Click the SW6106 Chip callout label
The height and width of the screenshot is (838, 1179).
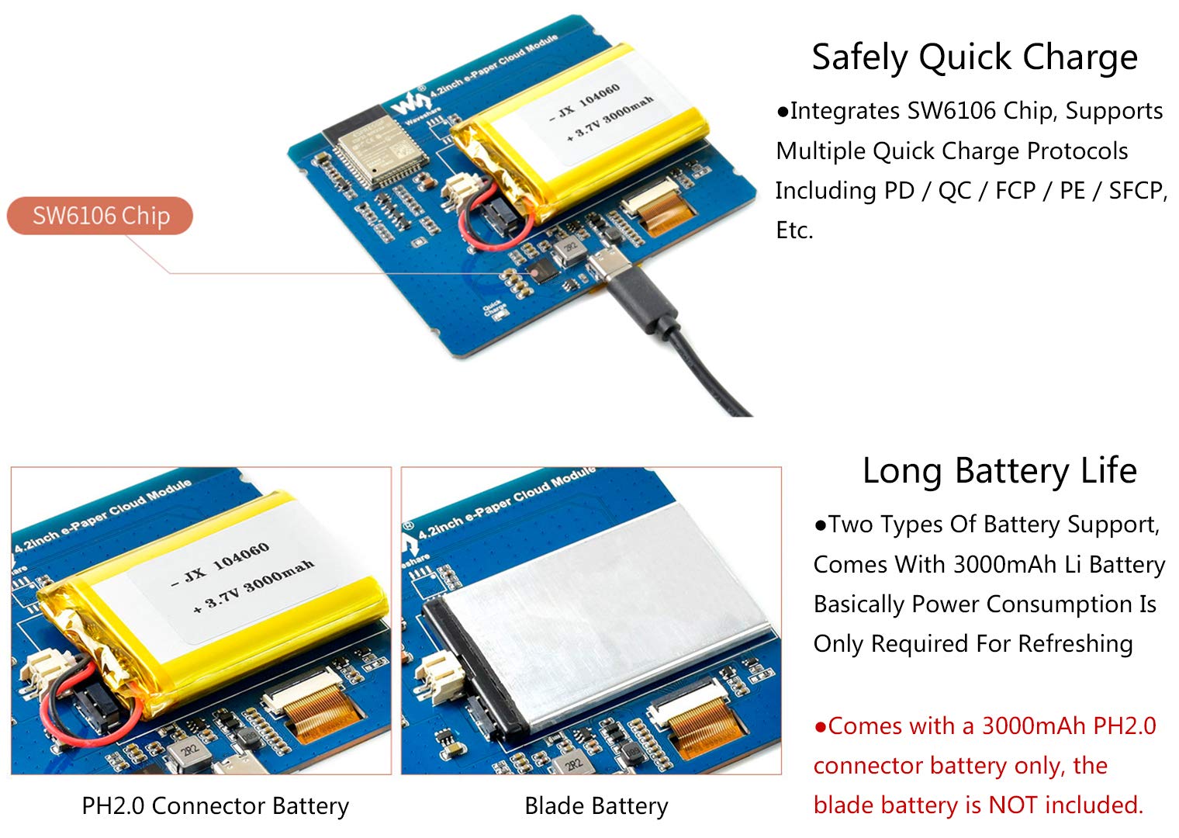click(100, 216)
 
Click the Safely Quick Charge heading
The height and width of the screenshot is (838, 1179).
click(975, 57)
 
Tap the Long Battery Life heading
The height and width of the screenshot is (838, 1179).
click(1000, 470)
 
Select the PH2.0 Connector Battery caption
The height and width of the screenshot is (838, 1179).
click(216, 806)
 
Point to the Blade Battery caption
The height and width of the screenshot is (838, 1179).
click(596, 806)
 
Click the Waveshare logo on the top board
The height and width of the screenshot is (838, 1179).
click(410, 102)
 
